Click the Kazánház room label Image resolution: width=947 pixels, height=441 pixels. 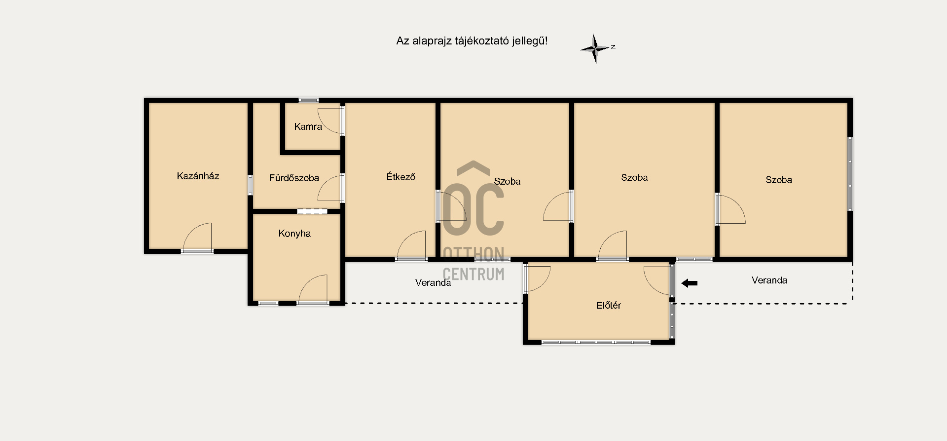pos(198,176)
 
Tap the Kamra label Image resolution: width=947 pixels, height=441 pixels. pos(308,126)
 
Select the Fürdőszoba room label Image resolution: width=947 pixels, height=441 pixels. pos(294,178)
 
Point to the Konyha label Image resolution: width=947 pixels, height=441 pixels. pos(294,234)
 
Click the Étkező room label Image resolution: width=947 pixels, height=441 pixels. pos(401,176)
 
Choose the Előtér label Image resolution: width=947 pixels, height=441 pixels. pos(608,305)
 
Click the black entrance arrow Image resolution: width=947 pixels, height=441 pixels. pos(689,283)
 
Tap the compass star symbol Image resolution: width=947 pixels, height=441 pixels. pos(596,48)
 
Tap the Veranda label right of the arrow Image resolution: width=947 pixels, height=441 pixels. pos(769,280)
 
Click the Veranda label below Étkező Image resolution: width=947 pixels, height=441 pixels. pos(433,282)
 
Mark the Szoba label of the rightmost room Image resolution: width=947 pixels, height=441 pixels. pos(779,180)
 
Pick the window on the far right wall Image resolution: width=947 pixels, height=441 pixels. pos(850,174)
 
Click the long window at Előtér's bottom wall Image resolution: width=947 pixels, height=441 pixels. pos(596,342)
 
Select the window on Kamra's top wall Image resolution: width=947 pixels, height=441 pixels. pos(309,100)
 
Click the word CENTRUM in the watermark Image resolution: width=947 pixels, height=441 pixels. pos(473,274)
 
